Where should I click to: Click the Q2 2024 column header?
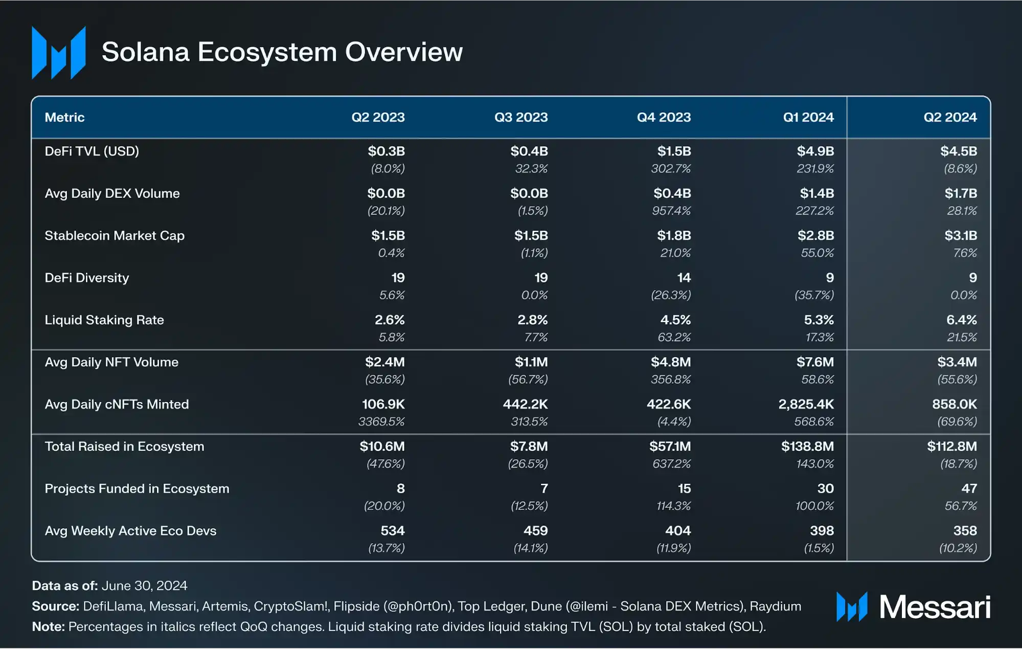[949, 117]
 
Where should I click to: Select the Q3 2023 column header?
[520, 117]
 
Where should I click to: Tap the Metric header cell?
[64, 117]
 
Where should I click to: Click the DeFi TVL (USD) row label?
[92, 151]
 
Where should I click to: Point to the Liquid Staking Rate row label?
[104, 320]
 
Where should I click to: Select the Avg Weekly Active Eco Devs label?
[130, 531]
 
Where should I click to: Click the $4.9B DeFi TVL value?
[815, 151]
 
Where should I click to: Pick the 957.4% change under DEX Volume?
[671, 211]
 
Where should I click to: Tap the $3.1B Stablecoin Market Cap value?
[960, 236]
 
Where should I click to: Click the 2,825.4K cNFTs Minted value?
[806, 405]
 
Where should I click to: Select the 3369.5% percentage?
[381, 422]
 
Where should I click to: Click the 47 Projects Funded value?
[968, 489]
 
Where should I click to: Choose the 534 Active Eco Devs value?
[392, 531]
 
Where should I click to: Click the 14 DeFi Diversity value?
[684, 278]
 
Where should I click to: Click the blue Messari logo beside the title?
[59, 53]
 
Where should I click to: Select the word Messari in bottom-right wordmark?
[935, 608]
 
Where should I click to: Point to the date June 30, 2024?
[144, 586]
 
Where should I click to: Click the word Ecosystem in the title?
[267, 52]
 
